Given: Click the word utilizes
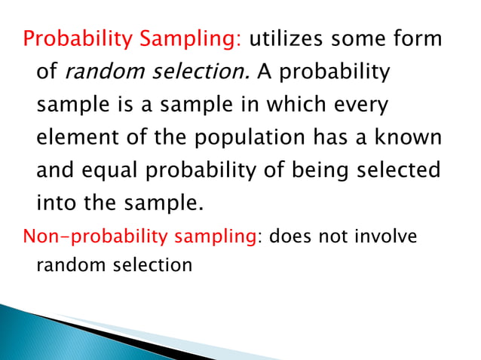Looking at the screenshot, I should coord(290,39).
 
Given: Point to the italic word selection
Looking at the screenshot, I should coord(203,73).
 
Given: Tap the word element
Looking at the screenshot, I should coord(74,139).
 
